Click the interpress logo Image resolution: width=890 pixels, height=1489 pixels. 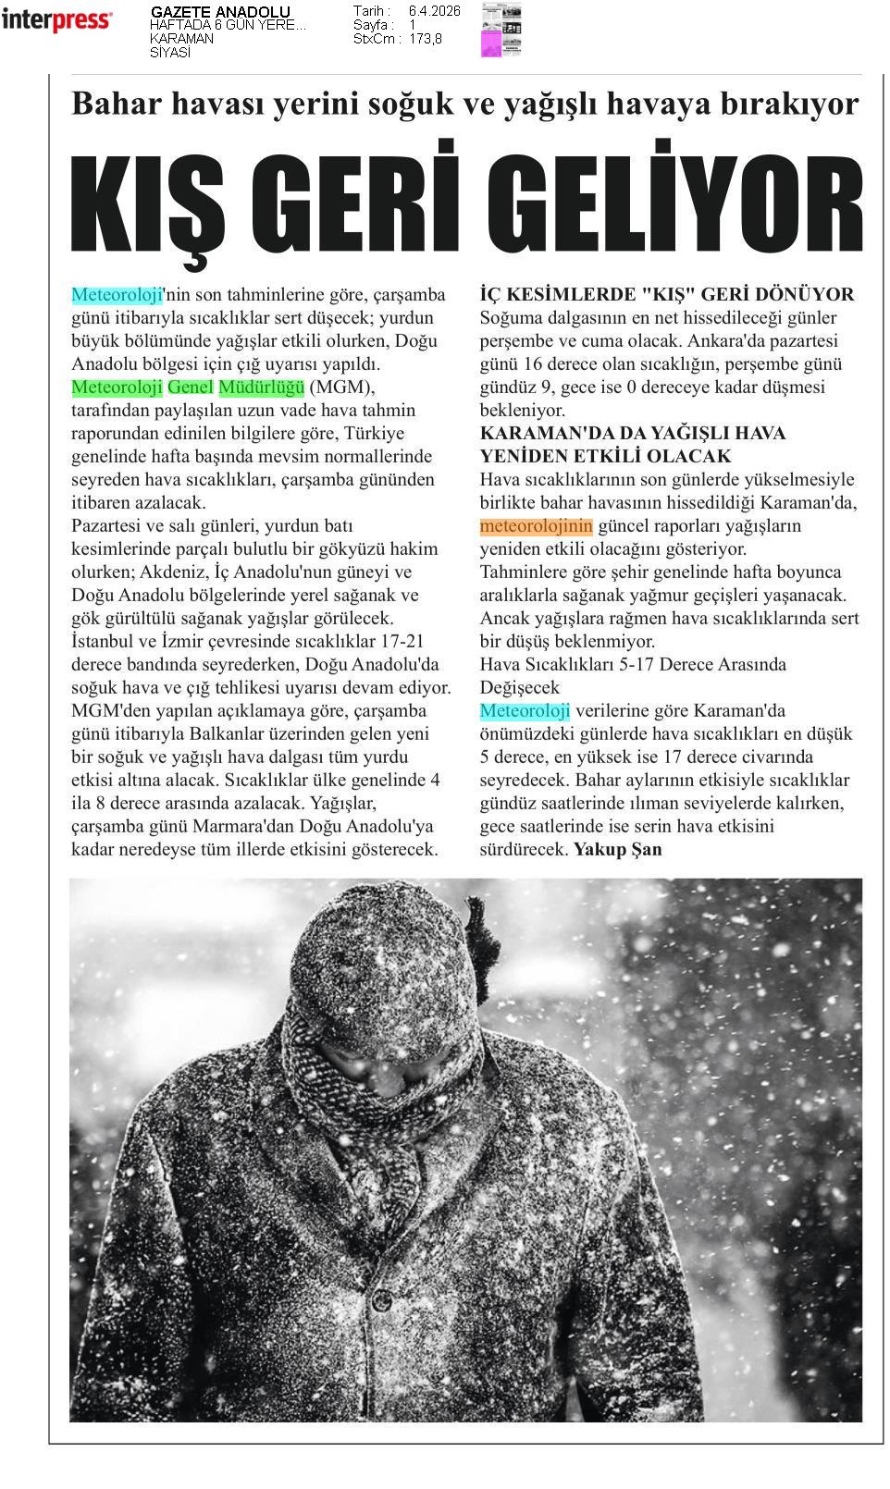tap(57, 20)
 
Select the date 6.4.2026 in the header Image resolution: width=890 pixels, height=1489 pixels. tap(434, 11)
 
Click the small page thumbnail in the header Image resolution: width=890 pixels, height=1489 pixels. tap(501, 30)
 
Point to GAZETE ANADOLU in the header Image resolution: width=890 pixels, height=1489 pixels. tap(220, 12)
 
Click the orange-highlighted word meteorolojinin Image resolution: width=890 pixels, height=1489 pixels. tap(536, 526)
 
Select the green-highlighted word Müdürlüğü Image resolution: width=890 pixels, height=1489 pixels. tap(262, 387)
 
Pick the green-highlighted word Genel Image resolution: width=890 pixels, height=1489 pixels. tap(191, 387)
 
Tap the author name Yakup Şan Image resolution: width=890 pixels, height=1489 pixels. tap(618, 849)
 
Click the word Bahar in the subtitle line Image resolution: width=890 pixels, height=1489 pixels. tap(109, 103)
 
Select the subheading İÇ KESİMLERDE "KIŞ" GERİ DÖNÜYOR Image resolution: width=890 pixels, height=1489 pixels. tap(667, 294)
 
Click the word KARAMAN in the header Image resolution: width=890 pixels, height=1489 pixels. tap(182, 39)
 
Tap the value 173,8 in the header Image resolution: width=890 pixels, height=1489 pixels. tap(426, 39)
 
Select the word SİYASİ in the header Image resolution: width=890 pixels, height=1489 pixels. tap(170, 53)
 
